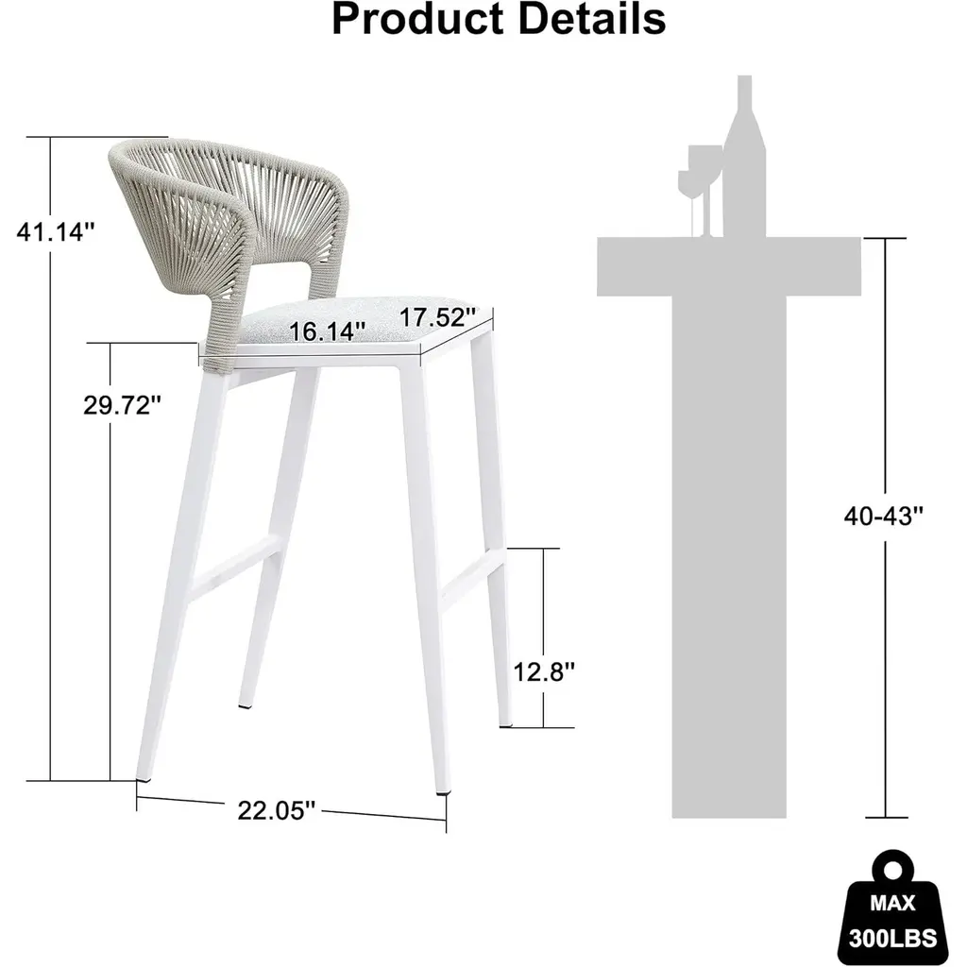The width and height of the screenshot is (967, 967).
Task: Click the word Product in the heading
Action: [x=418, y=19]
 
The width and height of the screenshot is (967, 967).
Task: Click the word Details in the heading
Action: [x=592, y=18]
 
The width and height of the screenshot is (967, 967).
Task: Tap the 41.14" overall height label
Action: [x=56, y=232]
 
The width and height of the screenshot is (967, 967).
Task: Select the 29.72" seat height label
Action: [x=122, y=405]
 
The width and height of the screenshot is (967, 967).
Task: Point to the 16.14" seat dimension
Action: [x=327, y=331]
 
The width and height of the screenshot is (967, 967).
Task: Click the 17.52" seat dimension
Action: [x=438, y=317]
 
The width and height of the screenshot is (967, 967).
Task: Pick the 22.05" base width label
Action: [x=277, y=810]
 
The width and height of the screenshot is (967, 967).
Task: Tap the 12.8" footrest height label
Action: [x=544, y=671]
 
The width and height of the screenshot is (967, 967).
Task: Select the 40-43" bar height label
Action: [x=884, y=516]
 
